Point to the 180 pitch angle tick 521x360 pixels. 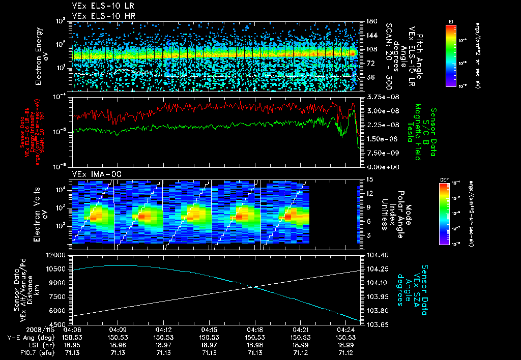click(x=368, y=21)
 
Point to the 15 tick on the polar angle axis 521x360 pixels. click(x=367, y=179)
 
